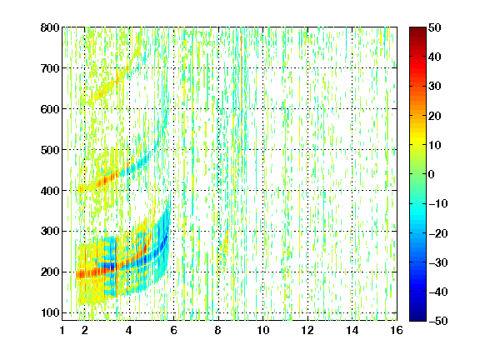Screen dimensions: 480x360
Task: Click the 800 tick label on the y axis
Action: point(50,27)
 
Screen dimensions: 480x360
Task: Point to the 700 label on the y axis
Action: point(50,68)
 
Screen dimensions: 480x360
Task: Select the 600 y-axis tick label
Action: point(50,109)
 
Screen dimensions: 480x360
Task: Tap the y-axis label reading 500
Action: point(50,150)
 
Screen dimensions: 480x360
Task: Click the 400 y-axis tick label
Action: point(50,191)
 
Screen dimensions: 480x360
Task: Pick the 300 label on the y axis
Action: point(50,232)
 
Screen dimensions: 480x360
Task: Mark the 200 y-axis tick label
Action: point(50,272)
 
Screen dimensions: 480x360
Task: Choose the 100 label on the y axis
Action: point(50,312)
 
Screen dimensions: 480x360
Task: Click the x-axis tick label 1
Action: point(62,331)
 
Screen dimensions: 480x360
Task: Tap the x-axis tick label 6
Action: point(173,331)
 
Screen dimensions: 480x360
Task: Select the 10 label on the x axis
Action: point(263,331)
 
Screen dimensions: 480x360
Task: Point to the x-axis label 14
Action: point(352,331)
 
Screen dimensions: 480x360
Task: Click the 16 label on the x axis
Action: point(397,331)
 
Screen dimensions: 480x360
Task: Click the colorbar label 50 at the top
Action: point(435,27)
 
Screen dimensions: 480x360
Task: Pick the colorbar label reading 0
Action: point(432,174)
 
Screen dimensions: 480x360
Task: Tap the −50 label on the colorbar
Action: point(437,321)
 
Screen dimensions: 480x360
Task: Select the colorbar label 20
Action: point(435,116)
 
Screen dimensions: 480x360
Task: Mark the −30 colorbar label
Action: point(437,262)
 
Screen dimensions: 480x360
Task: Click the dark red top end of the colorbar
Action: point(417,29)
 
